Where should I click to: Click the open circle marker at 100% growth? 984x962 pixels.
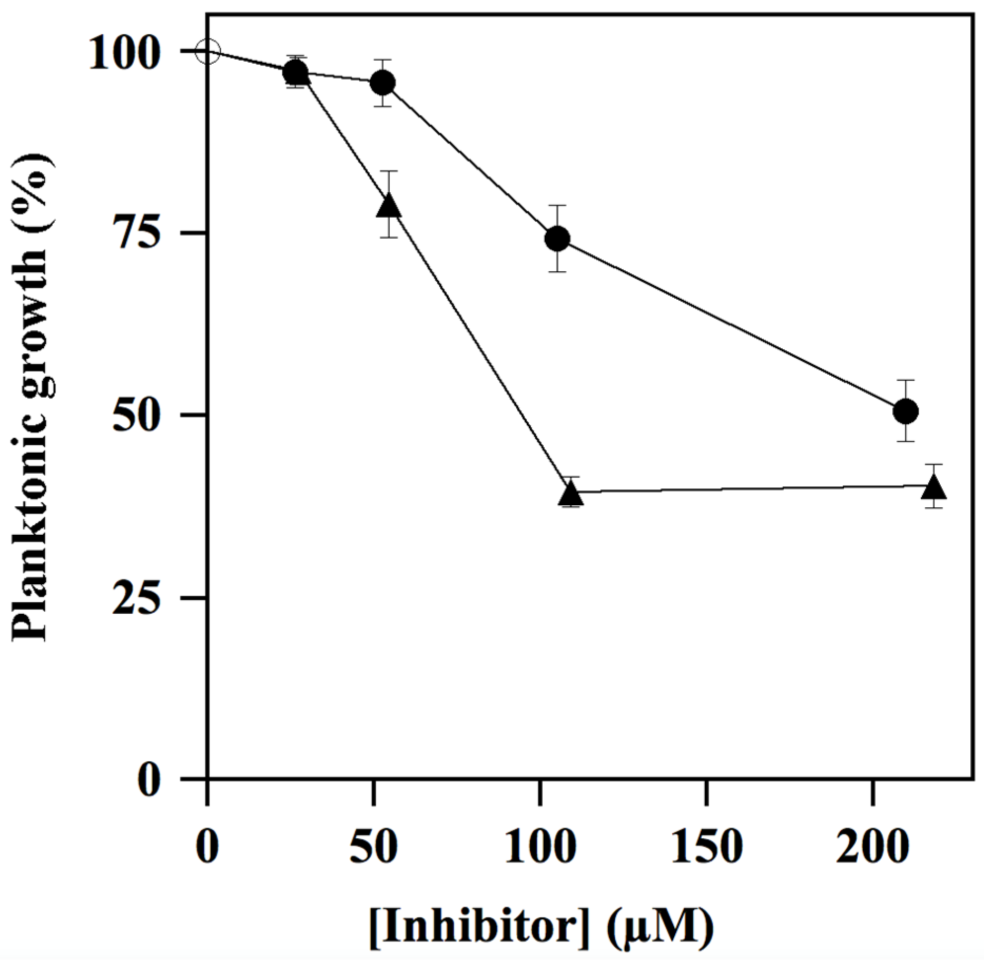pos(207,51)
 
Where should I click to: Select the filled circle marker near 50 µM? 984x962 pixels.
pos(383,83)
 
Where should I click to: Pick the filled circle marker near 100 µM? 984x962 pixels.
pos(557,239)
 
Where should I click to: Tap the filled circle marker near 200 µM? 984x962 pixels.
pos(906,411)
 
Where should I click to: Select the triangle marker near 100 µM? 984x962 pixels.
pos(571,494)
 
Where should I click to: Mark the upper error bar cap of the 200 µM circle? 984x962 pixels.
pos(906,380)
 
